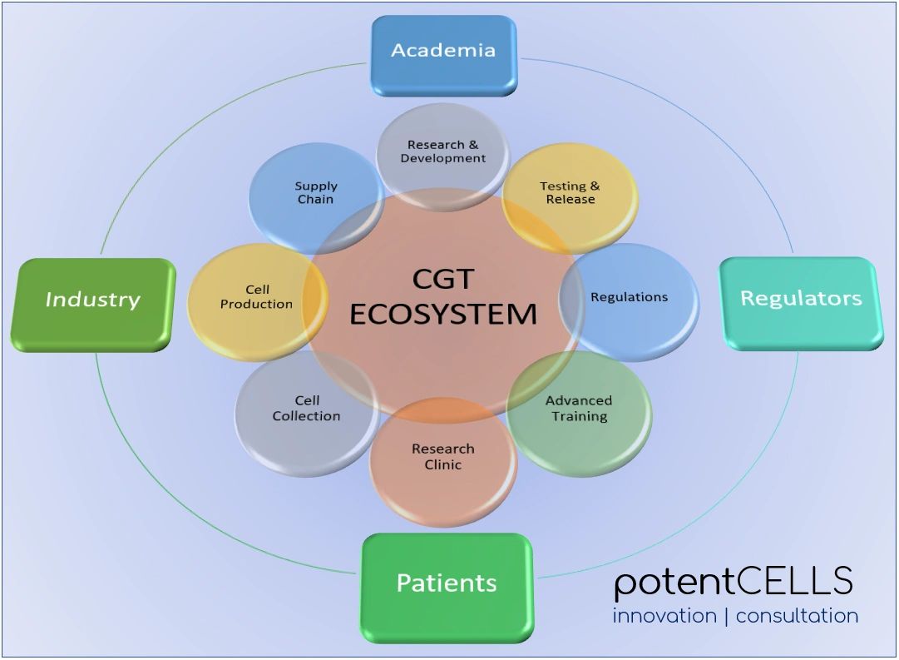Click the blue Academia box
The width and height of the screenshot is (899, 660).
pos(443,52)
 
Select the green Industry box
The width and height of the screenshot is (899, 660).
pos(92,300)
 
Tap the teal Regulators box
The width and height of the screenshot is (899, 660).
pos(800,300)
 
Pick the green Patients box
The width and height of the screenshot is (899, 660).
pos(446,583)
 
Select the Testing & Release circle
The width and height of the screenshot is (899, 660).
pos(570,193)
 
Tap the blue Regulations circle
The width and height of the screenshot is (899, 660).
pos(630,298)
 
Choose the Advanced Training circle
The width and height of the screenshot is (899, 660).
pos(579,409)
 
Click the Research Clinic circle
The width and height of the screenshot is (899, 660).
pos(442,459)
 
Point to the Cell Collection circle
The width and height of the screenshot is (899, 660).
pos(306,409)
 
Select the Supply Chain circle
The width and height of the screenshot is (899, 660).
pos(315,193)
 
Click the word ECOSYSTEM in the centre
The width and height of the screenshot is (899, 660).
pos(442,314)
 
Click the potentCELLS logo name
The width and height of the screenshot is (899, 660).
pos(734,582)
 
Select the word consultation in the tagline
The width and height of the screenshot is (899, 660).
pos(797,617)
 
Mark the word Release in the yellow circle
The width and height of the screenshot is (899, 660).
pos(571,200)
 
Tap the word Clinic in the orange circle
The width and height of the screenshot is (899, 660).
pos(442,465)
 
